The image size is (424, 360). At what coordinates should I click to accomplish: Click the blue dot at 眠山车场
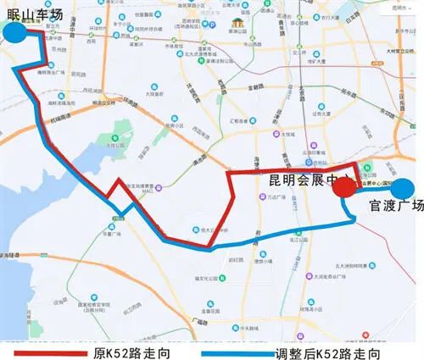tap(14, 32)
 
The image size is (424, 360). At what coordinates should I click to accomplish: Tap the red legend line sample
tap(51, 351)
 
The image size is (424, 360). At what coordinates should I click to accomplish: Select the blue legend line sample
tap(247, 351)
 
